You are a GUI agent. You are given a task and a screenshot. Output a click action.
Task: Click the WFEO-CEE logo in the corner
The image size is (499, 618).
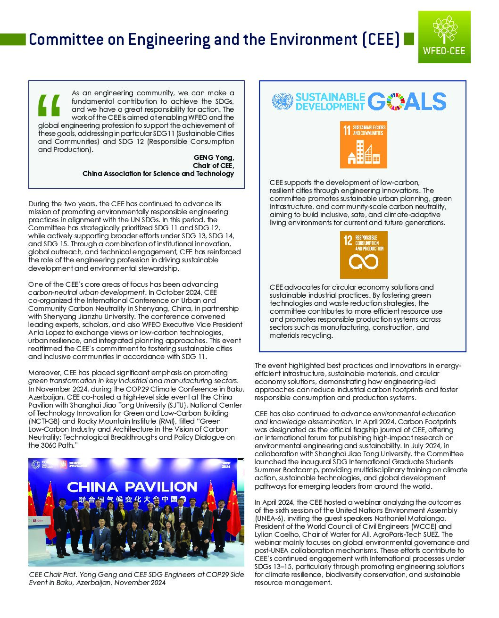click(444, 37)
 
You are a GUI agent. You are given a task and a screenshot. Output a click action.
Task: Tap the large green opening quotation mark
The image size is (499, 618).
click(49, 105)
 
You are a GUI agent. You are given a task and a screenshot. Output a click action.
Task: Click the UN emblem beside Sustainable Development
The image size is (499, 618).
click(283, 102)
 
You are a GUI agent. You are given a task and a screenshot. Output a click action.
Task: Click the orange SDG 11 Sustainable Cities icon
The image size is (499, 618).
click(363, 144)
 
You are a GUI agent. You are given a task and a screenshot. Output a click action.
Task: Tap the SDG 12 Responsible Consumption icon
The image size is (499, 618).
click(363, 254)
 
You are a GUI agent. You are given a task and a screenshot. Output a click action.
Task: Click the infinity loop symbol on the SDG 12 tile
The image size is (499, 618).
click(363, 261)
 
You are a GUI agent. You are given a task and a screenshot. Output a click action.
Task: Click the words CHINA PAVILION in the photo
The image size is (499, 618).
click(132, 486)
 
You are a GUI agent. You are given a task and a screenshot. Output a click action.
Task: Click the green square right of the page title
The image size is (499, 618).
click(409, 39)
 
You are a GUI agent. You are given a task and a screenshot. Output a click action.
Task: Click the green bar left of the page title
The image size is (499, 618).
click(13, 40)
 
